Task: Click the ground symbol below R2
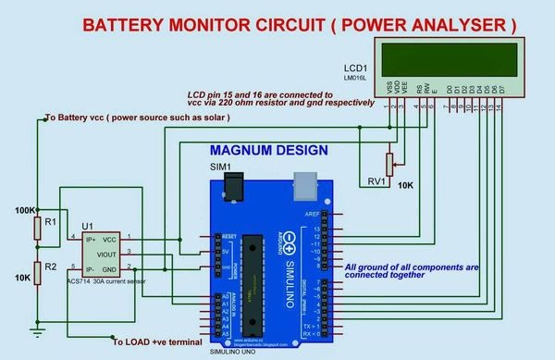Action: coord(38,326)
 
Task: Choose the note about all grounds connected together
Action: coord(408,271)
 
